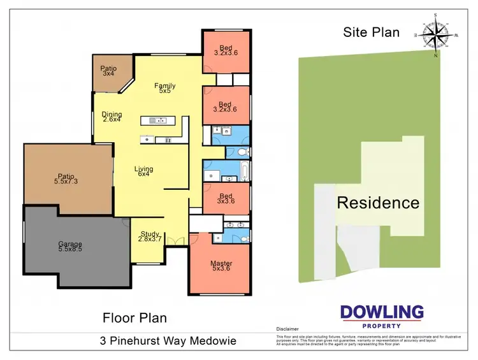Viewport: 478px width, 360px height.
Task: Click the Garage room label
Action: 70,244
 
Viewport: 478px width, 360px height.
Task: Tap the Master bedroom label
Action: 221,264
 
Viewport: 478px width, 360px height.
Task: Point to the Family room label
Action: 164,86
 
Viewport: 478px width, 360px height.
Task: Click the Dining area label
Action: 112,115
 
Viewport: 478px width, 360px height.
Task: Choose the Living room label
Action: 143,169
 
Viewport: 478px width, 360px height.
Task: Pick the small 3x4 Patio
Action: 108,71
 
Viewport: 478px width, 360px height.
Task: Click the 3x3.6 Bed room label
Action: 224,195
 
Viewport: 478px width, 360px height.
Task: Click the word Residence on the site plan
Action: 378,203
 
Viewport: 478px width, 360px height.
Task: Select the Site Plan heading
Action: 372,32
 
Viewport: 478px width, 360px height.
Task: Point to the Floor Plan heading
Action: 135,317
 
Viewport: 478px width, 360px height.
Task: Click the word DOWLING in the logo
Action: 381,312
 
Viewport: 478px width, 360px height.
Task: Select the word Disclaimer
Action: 288,330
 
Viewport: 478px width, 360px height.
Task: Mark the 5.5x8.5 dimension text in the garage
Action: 70,250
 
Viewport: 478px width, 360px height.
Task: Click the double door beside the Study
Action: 177,241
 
